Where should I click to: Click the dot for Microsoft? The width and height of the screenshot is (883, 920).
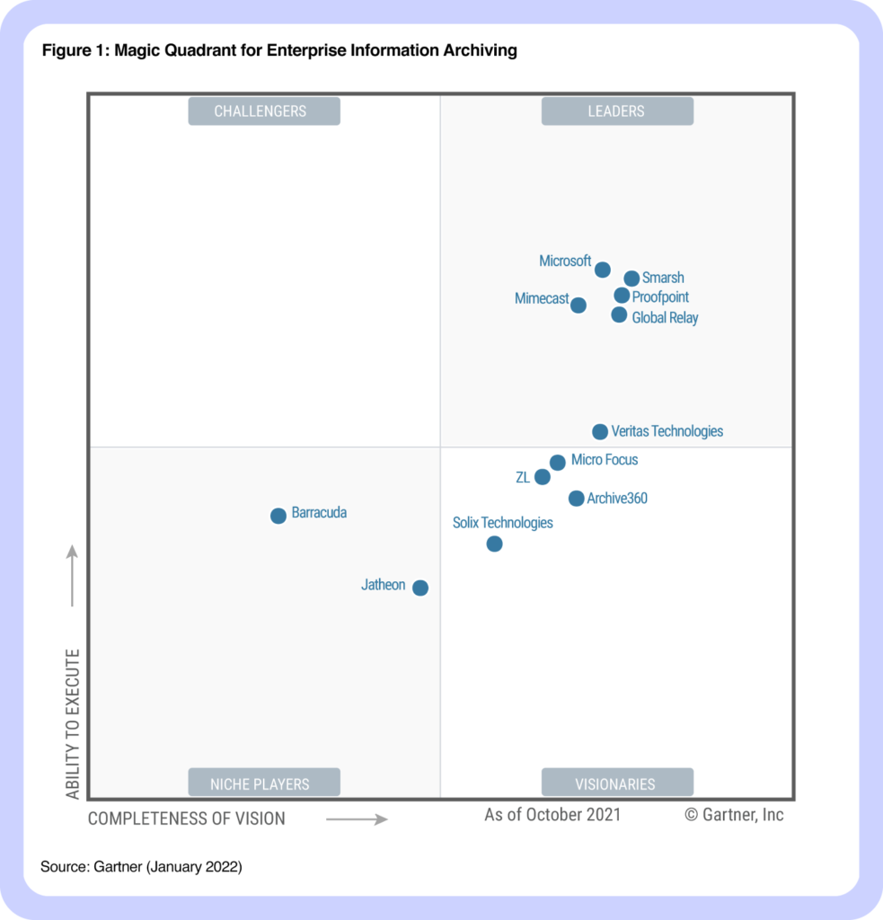tap(603, 270)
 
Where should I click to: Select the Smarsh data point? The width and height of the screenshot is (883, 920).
tap(631, 279)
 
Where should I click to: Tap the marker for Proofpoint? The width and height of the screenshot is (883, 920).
tap(622, 296)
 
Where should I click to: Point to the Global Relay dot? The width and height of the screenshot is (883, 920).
tap(619, 314)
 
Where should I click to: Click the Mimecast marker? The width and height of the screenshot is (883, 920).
tap(578, 305)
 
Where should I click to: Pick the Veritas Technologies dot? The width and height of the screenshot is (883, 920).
tap(600, 432)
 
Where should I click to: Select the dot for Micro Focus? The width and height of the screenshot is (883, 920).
tap(558, 463)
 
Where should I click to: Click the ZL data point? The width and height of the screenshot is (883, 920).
tap(543, 477)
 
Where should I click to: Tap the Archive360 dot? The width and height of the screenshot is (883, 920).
tap(577, 499)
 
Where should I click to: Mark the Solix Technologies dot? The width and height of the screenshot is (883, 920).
tap(494, 544)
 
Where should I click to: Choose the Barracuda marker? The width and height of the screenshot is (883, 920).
tap(278, 516)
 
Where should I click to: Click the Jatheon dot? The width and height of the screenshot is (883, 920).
tap(420, 588)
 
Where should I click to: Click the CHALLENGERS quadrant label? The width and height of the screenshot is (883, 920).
tap(264, 111)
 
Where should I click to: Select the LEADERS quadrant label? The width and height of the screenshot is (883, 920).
tap(617, 111)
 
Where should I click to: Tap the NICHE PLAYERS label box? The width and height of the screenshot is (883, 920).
tap(264, 783)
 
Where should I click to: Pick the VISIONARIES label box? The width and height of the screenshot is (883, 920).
tap(617, 783)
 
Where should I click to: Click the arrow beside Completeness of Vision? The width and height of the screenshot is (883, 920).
tap(357, 818)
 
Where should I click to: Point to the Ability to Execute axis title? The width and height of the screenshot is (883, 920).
tap(73, 724)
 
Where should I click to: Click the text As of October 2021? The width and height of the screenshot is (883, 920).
tap(552, 815)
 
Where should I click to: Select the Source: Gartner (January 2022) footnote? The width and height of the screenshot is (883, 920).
tap(141, 867)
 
